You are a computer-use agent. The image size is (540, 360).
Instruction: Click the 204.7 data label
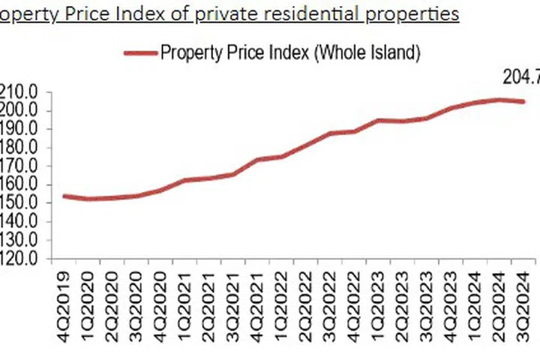point(519,76)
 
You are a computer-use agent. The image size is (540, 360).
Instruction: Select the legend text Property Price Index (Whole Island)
point(289,52)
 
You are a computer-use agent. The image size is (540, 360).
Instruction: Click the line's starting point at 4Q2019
point(64,196)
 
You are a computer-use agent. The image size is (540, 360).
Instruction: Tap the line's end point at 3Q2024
point(523,102)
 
